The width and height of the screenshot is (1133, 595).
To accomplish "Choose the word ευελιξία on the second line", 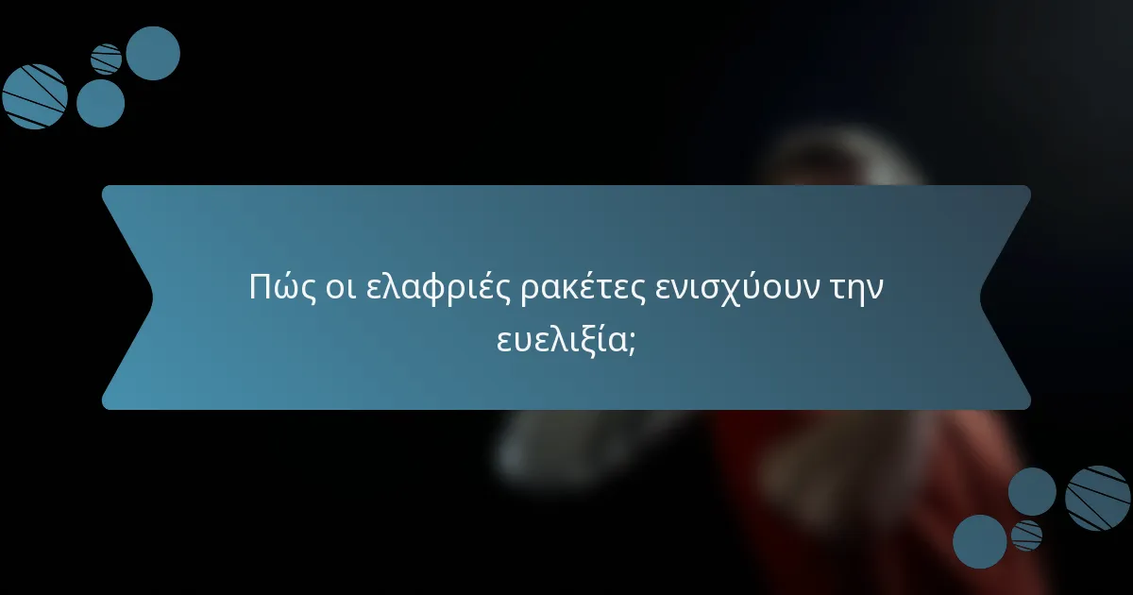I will [560, 341].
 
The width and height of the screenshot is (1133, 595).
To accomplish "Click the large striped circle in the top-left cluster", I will [35, 96].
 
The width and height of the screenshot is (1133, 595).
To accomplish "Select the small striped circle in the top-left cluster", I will [107, 59].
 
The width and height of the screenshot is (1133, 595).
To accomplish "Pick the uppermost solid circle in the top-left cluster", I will [153, 53].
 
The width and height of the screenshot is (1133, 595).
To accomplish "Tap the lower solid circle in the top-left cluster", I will [100, 103].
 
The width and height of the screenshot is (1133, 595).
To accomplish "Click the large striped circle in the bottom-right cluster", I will [1098, 498].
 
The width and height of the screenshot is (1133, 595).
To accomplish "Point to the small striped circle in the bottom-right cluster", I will [1026, 535].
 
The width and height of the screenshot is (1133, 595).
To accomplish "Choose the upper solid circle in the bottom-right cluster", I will [1032, 491].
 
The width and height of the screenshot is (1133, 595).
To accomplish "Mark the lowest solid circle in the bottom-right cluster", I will [979, 541].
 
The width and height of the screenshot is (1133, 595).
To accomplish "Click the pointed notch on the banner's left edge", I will [151, 297].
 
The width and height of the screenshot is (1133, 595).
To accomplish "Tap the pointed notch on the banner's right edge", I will [982, 297].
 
